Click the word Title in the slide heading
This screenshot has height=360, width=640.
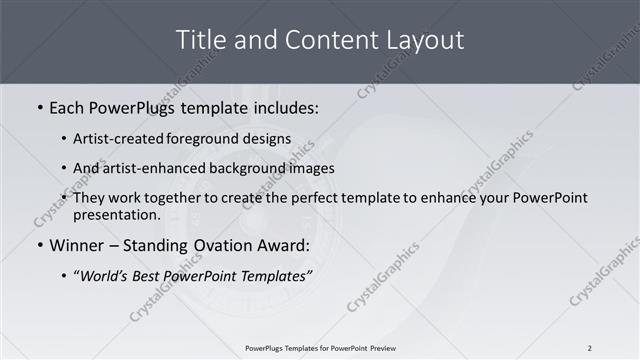click(x=200, y=40)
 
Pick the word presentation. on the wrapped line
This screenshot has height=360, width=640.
click(x=116, y=214)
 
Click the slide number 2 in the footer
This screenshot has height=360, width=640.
click(x=590, y=348)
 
